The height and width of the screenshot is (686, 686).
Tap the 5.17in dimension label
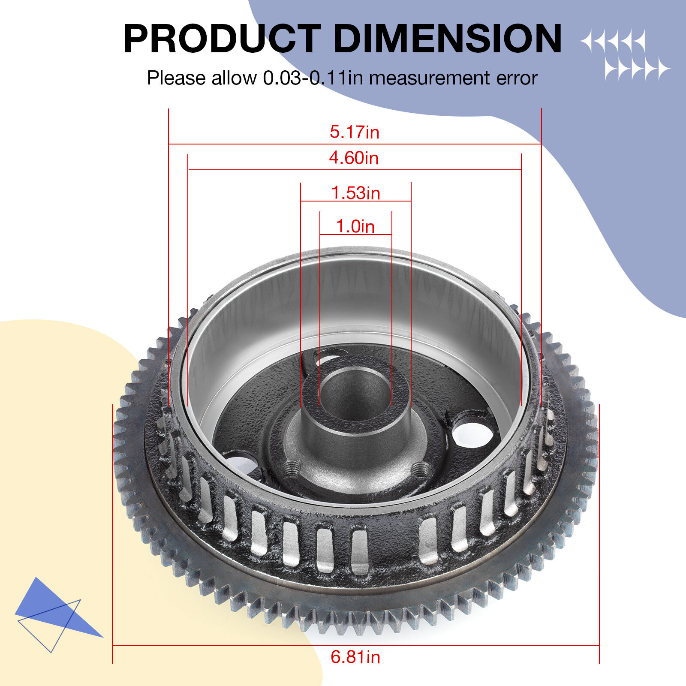355,132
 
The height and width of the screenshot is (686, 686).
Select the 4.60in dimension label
354,158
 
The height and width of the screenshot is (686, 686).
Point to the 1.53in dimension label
355,193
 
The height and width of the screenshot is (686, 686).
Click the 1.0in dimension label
355,226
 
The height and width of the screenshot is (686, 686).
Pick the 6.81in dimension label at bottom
355,657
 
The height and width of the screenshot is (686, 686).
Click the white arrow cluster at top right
625,55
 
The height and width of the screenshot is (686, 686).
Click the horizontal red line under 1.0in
355,235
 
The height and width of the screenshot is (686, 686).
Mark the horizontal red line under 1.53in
355,201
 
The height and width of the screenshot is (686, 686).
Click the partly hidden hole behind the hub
330,357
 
